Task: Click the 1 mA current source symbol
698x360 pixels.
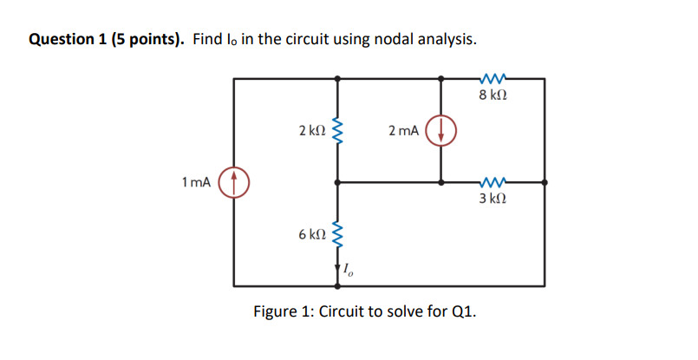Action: coord(233,182)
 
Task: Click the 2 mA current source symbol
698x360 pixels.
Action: coord(441,130)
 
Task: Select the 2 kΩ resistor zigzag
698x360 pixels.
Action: coord(337,131)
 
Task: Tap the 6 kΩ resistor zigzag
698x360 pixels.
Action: coord(337,234)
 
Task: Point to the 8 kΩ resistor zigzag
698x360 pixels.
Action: coord(493,78)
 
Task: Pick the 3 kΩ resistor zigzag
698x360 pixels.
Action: coord(493,182)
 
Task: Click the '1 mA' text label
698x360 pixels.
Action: coord(196,182)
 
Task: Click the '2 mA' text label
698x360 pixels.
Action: coord(403,131)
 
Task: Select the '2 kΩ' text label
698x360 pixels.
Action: coord(310,131)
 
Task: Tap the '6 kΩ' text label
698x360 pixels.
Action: coord(310,235)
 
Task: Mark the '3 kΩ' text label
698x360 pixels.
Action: coord(493,200)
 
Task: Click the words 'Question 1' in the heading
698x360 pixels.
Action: coord(67,40)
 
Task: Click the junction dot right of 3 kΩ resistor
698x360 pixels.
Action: coord(545,182)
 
